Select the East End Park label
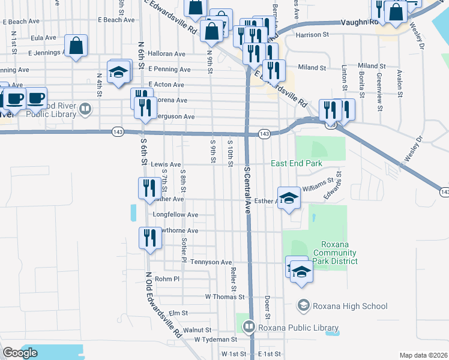coord(297,163)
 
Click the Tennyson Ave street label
coord(211,262)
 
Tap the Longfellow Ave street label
coord(176,214)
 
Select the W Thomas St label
coord(224,296)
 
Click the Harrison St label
coord(313,35)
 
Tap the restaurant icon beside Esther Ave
coord(147,188)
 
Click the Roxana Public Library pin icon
coord(249,327)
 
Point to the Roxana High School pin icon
coord(303,306)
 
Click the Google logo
coord(20,353)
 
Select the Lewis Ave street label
coord(166,164)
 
